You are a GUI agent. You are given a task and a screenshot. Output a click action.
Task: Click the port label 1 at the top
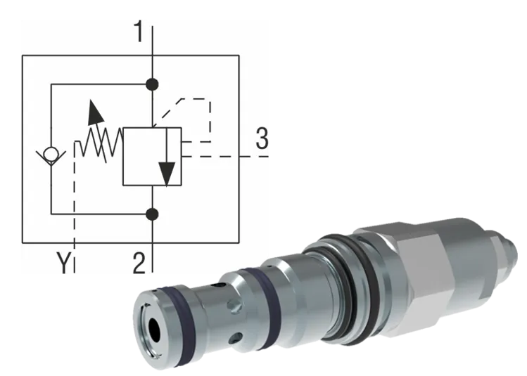139,32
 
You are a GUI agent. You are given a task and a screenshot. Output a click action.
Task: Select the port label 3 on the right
262,140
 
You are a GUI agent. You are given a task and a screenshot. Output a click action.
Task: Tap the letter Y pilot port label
64,264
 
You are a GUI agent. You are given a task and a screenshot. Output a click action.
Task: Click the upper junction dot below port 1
152,85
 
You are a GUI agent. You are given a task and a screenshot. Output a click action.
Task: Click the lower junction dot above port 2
152,213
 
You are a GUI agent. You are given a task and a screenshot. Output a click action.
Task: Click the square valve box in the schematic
152,156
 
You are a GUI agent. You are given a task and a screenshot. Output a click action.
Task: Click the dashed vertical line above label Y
74,211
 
